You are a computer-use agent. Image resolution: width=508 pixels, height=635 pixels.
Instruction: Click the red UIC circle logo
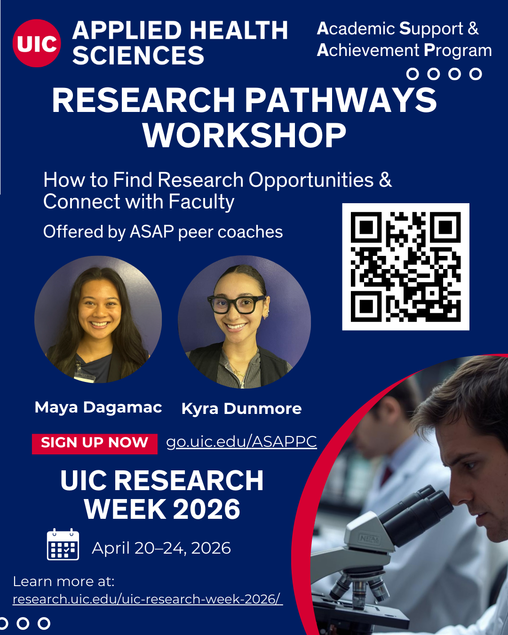click(37, 43)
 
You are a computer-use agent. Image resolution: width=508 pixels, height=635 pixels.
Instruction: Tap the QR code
click(405, 267)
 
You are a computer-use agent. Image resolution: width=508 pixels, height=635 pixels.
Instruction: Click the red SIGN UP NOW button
click(95, 443)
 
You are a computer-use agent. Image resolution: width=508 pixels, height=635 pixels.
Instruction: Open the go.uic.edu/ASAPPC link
click(241, 442)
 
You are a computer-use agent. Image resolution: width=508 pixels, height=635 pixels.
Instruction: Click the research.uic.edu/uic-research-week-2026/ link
click(147, 599)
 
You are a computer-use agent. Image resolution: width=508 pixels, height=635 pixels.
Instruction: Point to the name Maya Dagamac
click(98, 407)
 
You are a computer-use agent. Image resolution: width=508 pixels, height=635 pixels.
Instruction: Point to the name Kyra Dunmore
click(241, 409)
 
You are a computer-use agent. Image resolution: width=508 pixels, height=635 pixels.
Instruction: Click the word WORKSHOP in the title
click(244, 135)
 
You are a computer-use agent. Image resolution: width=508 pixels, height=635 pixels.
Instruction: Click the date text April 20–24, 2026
click(161, 548)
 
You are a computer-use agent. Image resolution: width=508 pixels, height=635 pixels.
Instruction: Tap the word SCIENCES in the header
click(138, 56)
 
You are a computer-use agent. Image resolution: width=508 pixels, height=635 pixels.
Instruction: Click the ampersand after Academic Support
click(473, 29)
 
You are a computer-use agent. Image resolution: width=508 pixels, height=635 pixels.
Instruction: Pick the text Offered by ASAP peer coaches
click(163, 232)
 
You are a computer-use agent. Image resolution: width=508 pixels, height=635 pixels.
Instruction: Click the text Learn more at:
click(63, 581)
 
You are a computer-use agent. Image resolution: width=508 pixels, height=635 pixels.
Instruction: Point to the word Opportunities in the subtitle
click(311, 180)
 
